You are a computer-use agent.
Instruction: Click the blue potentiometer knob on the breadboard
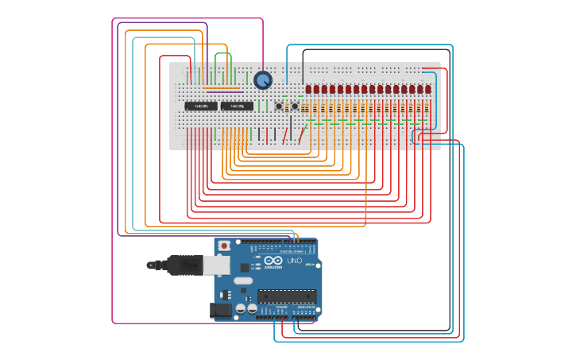(263, 80)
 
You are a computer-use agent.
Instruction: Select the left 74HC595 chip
(201, 106)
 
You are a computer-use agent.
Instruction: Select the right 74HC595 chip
(237, 106)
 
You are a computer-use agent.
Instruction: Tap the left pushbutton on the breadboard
(279, 106)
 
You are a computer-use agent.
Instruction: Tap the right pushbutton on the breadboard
(295, 106)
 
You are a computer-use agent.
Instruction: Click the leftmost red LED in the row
(308, 89)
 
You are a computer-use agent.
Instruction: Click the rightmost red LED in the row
(428, 89)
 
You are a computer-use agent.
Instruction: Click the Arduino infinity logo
(273, 261)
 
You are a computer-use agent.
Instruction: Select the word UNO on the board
(294, 261)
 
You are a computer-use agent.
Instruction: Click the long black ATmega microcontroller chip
(286, 296)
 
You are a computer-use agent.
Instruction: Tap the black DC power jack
(221, 310)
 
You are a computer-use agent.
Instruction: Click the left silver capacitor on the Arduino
(239, 308)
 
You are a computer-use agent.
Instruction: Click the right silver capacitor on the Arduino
(252, 308)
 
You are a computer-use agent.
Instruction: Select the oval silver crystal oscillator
(242, 281)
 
